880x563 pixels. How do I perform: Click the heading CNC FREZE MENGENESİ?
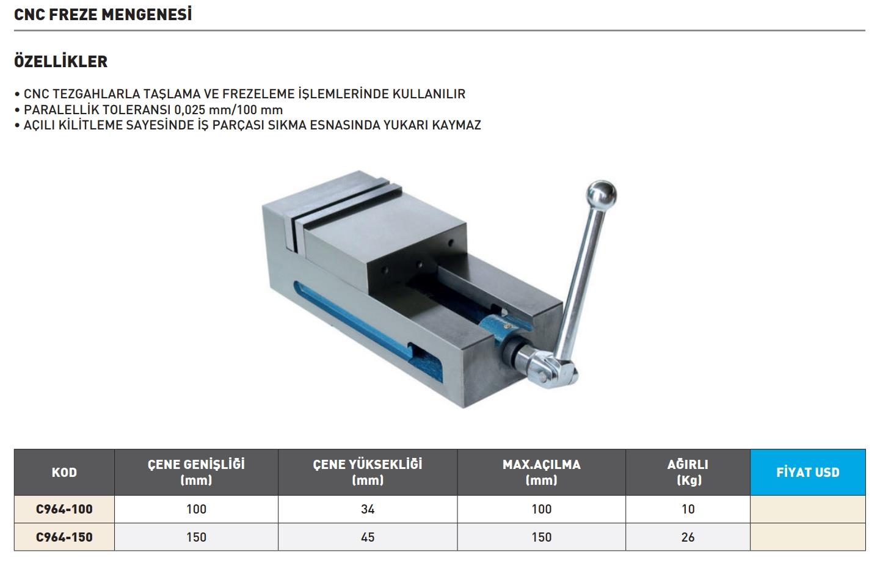[103, 15]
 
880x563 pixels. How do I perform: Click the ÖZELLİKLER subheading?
[61, 62]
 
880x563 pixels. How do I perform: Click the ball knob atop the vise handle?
[601, 194]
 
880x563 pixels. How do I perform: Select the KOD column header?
[65, 472]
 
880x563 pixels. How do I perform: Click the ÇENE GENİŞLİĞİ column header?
[196, 472]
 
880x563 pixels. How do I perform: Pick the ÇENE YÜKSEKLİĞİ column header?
[367, 472]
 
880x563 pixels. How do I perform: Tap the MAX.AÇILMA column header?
[541, 472]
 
